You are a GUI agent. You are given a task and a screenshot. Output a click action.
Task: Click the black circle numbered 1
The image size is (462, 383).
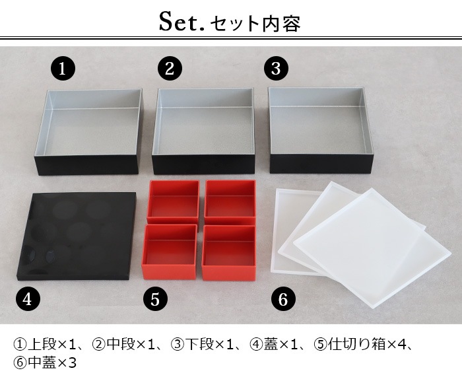63,69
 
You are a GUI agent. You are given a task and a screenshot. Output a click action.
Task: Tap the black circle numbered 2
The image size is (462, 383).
170,69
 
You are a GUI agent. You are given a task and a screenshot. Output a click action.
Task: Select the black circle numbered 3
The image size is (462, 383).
276,69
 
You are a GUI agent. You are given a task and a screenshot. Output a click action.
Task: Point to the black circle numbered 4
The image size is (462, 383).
28,300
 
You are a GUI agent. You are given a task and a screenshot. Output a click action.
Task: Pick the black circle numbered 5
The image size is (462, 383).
155,300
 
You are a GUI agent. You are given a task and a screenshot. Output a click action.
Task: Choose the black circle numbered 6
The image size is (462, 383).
283,300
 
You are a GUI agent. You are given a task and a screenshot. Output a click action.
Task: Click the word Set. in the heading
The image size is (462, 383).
181,22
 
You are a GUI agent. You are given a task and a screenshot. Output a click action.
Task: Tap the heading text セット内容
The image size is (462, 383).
255,24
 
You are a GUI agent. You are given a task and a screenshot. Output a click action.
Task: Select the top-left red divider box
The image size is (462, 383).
173,202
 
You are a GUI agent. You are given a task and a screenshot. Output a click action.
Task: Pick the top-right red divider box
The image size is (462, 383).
230,202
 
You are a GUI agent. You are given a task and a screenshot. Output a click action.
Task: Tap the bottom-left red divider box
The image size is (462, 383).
170,252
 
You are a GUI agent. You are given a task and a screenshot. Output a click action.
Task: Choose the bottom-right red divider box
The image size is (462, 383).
228,253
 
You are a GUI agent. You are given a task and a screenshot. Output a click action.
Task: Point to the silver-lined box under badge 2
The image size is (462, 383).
203,131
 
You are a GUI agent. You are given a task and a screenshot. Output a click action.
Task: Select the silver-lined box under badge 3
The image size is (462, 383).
322,130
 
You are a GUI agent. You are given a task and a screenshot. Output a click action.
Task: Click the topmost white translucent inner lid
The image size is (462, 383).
372,248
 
